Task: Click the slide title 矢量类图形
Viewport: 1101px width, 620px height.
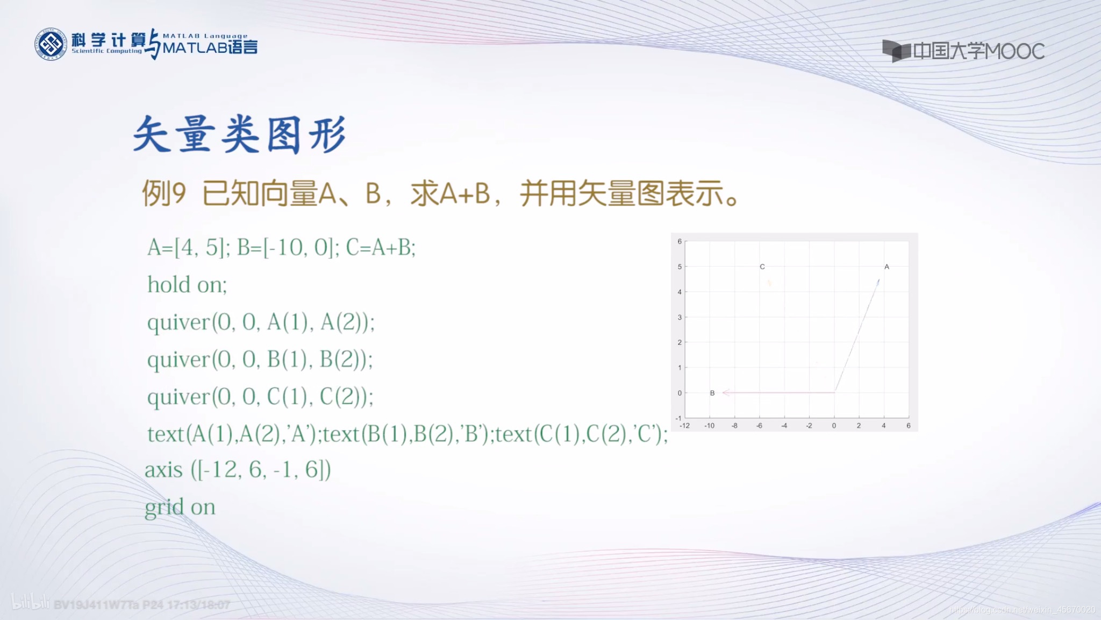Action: click(x=239, y=135)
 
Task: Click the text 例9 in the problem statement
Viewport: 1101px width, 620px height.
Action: click(x=164, y=193)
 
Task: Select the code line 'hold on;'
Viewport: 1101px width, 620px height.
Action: click(x=187, y=285)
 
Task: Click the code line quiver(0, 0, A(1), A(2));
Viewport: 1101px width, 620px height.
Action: click(x=261, y=322)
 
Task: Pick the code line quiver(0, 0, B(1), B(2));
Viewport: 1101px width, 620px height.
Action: click(x=260, y=360)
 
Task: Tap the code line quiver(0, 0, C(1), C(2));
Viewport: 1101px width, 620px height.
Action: click(x=260, y=397)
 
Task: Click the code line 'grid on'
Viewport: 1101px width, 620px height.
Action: click(x=180, y=508)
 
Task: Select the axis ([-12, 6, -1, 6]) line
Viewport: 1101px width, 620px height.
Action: click(x=238, y=470)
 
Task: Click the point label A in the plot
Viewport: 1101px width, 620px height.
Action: click(x=886, y=266)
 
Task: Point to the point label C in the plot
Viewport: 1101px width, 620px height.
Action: click(x=762, y=266)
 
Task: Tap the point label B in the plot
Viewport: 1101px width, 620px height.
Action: click(x=712, y=393)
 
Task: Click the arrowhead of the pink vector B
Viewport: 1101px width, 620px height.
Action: click(x=725, y=393)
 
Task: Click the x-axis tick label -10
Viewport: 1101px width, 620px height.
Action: click(x=709, y=426)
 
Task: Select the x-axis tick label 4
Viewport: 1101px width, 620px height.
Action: click(x=883, y=426)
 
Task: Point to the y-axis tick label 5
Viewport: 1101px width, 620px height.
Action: click(x=680, y=266)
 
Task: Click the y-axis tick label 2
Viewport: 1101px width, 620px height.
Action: click(x=680, y=342)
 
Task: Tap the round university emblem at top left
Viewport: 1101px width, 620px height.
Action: click(x=51, y=44)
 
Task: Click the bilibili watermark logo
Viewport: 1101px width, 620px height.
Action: click(x=31, y=602)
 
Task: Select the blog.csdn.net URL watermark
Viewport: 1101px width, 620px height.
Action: click(x=1021, y=610)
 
